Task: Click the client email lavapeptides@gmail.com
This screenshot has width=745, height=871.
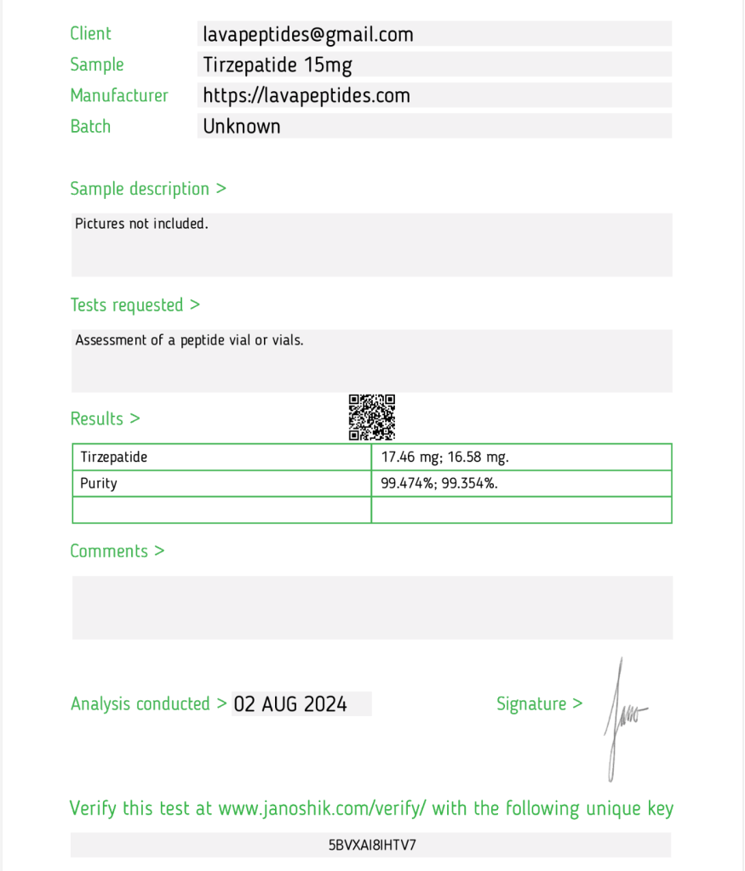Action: tap(308, 35)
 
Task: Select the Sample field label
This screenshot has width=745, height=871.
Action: tap(97, 65)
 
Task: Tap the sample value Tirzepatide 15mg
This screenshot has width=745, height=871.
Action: tap(278, 65)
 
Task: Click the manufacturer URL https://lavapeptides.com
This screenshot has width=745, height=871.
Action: tap(307, 96)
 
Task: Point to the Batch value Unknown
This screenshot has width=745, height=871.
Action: tap(242, 127)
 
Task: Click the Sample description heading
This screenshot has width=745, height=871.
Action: tap(148, 189)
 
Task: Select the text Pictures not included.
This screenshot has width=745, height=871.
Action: tap(141, 225)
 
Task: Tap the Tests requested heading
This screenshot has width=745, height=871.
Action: tap(135, 305)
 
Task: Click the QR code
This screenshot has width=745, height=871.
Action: tap(372, 417)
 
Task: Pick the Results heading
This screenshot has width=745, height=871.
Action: tap(105, 418)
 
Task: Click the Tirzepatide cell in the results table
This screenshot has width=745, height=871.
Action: tap(114, 458)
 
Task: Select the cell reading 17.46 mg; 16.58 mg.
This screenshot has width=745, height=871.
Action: tap(444, 458)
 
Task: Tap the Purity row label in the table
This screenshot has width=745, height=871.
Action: tap(99, 483)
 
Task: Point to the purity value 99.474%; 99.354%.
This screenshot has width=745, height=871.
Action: tap(439, 483)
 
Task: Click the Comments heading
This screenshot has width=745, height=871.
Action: tap(117, 551)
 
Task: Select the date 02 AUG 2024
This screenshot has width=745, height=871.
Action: tap(290, 704)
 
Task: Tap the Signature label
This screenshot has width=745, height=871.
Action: tap(539, 704)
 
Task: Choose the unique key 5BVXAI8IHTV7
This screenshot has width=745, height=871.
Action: tap(372, 845)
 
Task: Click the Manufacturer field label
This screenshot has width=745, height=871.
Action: tap(119, 95)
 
